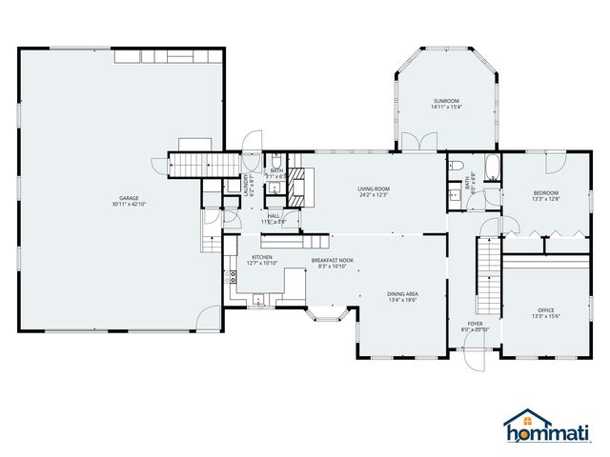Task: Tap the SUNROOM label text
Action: (446, 100)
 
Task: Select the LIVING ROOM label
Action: (374, 189)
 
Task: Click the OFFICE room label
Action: (546, 309)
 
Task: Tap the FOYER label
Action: (474, 324)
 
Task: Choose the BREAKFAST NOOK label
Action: (332, 259)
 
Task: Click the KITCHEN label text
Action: (263, 257)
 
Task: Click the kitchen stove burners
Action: (232, 278)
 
